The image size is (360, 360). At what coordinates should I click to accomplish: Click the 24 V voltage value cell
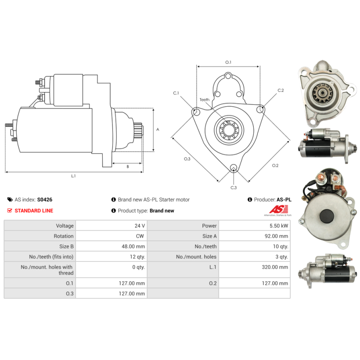pyautogui.click(x=139, y=226)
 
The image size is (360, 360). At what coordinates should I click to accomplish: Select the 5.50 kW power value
pyautogui.click(x=279, y=226)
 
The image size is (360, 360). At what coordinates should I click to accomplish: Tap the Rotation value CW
pyautogui.click(x=140, y=236)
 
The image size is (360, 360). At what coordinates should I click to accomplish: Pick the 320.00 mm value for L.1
pyautogui.click(x=275, y=267)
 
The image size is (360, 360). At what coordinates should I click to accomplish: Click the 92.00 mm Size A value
pyautogui.click(x=276, y=236)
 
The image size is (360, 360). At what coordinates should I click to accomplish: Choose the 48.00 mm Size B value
pyautogui.click(x=133, y=246)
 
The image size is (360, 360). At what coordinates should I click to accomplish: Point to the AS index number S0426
pyautogui.click(x=45, y=199)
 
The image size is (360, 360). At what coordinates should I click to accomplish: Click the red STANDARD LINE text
pyautogui.click(x=34, y=211)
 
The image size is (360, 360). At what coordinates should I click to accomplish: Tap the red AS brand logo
pyautogui.click(x=279, y=209)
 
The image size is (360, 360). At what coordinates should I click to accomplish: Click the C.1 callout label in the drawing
pyautogui.click(x=176, y=93)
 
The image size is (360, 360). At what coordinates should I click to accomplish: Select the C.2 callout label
pyautogui.click(x=280, y=90)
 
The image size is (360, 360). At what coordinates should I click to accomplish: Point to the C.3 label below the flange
pyautogui.click(x=234, y=188)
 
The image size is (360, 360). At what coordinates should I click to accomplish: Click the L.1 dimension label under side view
pyautogui.click(x=73, y=176)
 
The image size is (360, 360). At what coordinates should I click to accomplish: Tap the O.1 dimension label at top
pyautogui.click(x=228, y=62)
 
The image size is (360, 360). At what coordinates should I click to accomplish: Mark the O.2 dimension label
pyautogui.click(x=275, y=165)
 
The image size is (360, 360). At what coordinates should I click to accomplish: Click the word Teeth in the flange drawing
pyautogui.click(x=204, y=99)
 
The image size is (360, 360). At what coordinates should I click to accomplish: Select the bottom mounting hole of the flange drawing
pyautogui.click(x=234, y=167)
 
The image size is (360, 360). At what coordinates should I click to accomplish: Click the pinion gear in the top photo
pyautogui.click(x=323, y=93)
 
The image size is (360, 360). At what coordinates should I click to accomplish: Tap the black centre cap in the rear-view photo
pyautogui.click(x=327, y=216)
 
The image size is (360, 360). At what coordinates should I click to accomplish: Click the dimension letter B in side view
pyautogui.click(x=128, y=166)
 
